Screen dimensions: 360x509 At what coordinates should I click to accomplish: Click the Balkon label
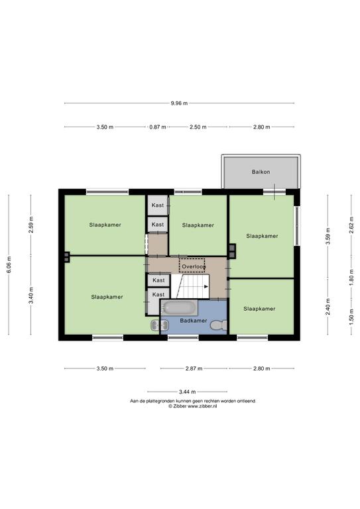tap(261, 172)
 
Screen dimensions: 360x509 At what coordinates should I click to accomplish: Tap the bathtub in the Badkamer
tap(180, 308)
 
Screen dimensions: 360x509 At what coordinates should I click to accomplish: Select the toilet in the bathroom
tap(218, 325)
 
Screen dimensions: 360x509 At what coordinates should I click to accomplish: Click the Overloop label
tap(194, 267)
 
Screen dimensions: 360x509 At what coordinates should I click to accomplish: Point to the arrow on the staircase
tap(206, 286)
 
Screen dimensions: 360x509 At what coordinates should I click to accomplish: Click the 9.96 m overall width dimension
tap(179, 103)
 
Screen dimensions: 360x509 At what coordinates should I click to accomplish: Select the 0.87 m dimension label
tap(158, 127)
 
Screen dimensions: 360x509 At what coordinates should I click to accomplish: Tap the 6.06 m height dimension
tap(9, 264)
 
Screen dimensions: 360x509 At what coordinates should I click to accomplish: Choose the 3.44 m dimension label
tap(188, 392)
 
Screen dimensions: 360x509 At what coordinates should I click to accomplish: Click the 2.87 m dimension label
tap(194, 368)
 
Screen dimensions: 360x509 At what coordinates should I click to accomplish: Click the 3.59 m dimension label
tap(328, 237)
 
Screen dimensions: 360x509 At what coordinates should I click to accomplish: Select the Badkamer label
tap(194, 320)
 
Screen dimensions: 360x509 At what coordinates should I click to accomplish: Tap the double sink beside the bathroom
tap(159, 325)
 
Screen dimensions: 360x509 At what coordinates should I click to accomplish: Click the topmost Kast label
tap(158, 205)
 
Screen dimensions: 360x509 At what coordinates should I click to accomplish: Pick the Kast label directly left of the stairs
tap(158, 280)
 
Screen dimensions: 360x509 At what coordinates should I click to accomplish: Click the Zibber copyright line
tap(192, 406)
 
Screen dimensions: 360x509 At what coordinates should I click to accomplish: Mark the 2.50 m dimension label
tap(198, 127)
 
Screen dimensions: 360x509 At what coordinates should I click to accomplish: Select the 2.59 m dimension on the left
tap(31, 225)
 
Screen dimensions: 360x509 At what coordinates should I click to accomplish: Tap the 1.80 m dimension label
tap(351, 278)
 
